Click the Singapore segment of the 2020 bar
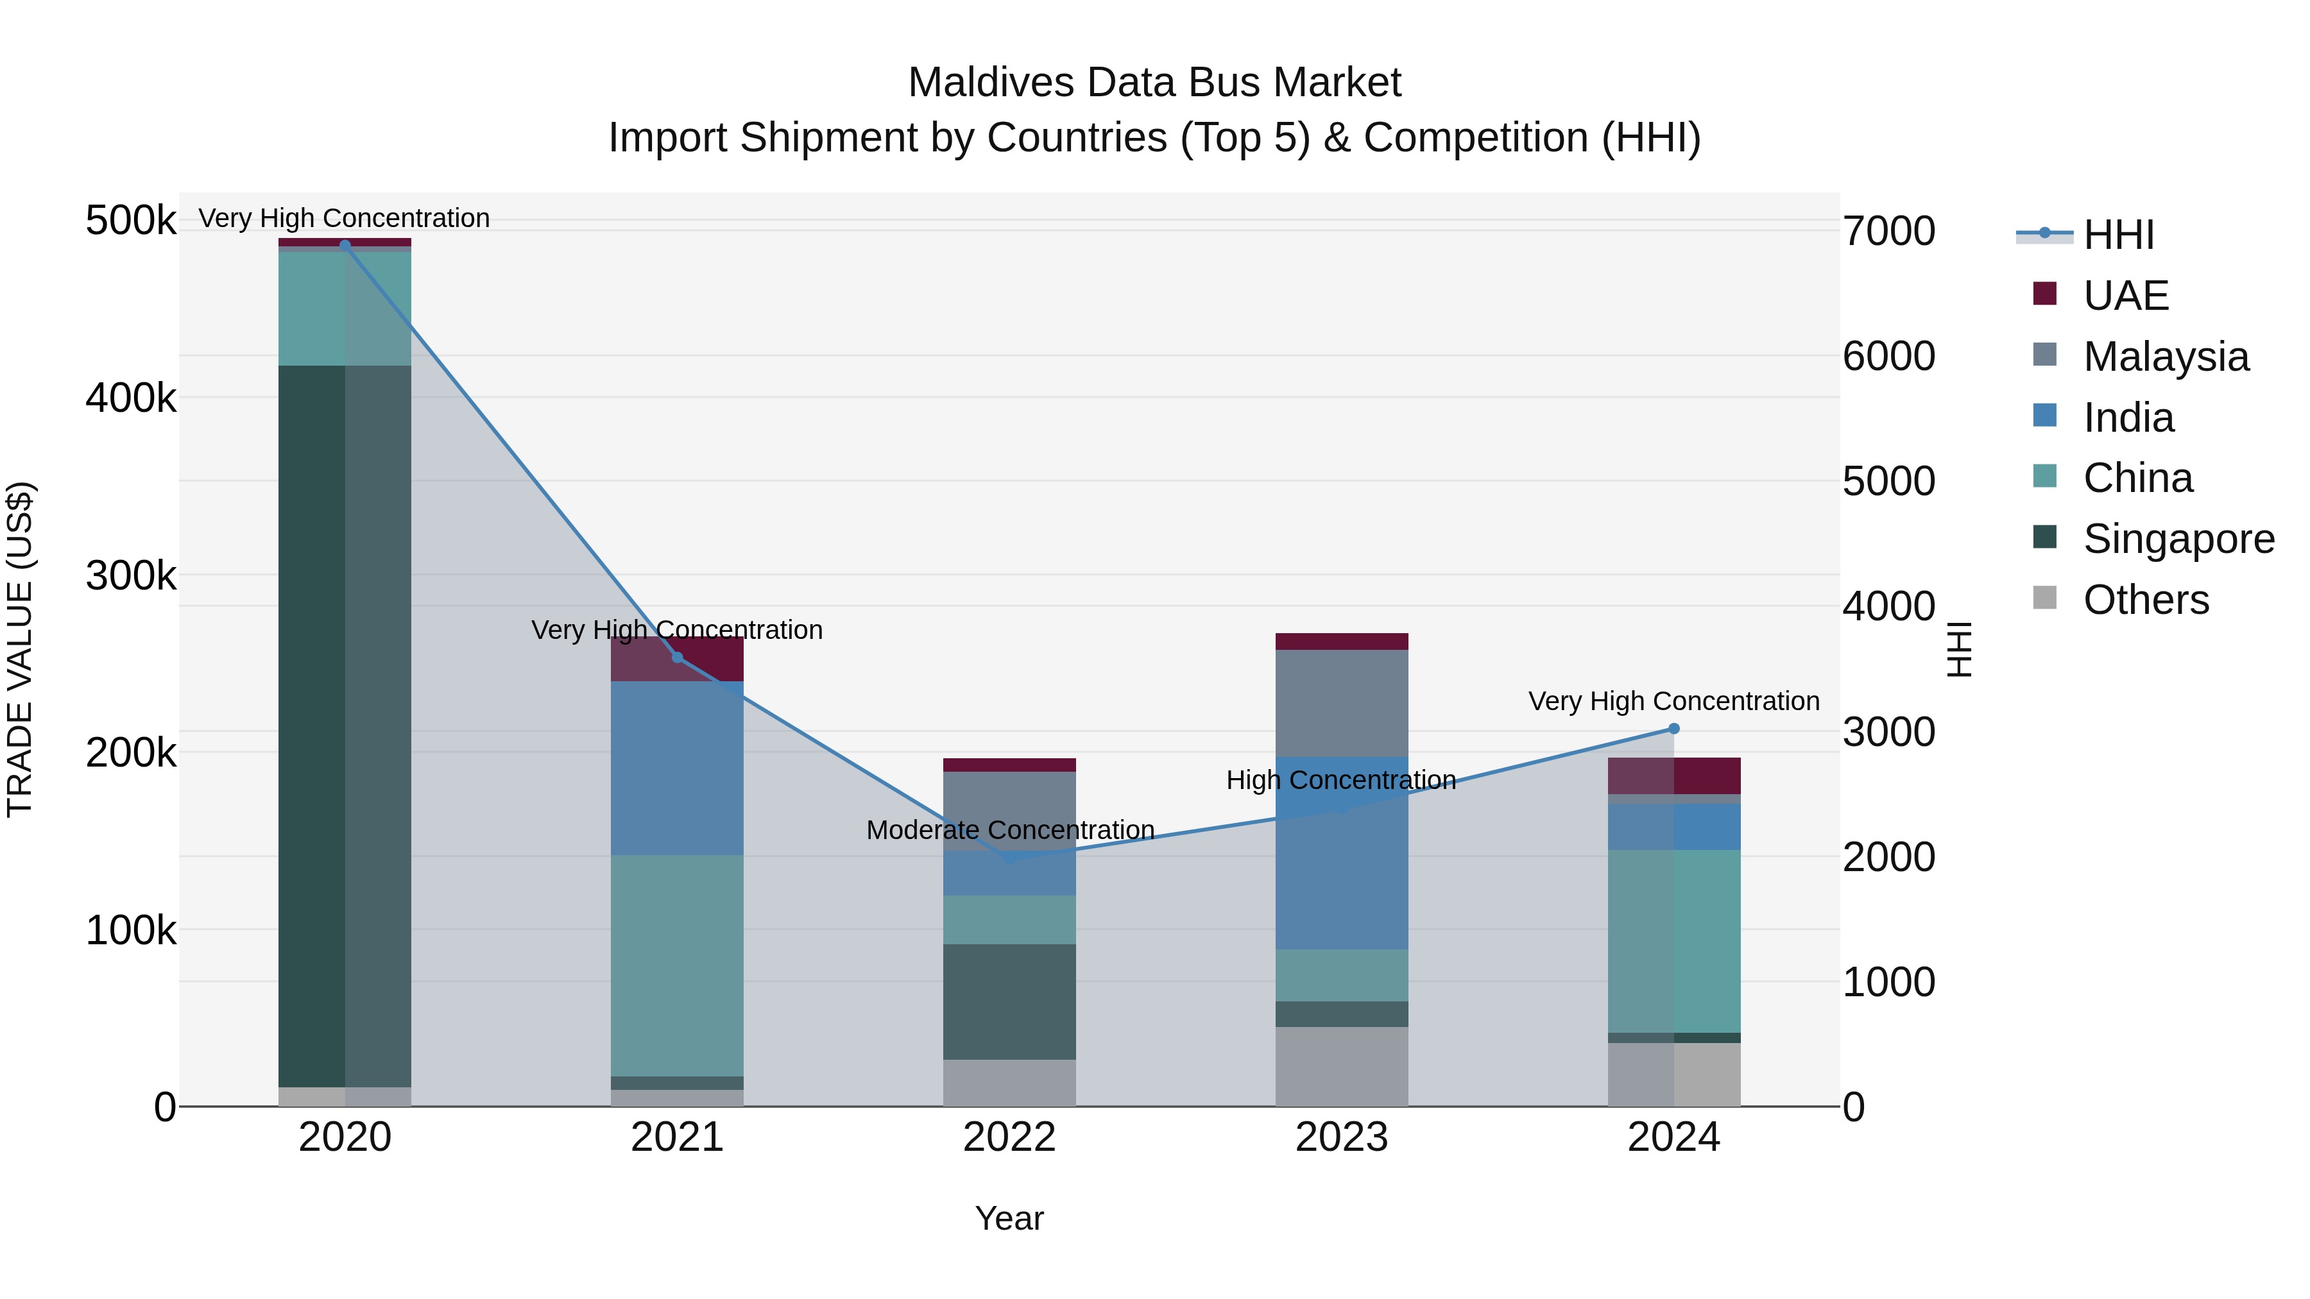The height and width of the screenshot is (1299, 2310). coord(345,726)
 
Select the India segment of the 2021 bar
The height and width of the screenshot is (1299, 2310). coord(677,768)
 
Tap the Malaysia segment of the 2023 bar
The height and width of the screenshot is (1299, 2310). coord(1342,703)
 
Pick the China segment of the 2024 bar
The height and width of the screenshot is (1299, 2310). coord(1673,941)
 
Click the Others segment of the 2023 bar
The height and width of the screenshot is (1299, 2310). coord(1342,1067)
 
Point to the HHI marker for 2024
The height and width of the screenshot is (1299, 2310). coord(1673,729)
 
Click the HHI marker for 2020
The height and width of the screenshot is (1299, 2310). coord(345,245)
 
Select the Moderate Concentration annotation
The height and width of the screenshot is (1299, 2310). coord(1010,830)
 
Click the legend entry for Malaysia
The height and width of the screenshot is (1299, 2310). coord(2166,357)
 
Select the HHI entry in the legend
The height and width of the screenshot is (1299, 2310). coord(2118,235)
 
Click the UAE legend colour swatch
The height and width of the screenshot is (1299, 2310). coord(2044,294)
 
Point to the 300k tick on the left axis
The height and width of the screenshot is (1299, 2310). coord(131,575)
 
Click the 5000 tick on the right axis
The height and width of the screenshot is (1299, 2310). coord(1888,481)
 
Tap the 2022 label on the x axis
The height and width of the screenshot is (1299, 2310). coord(1010,1137)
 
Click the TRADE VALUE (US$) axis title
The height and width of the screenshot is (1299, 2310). coord(20,649)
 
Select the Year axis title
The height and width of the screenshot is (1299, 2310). coord(1010,1218)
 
